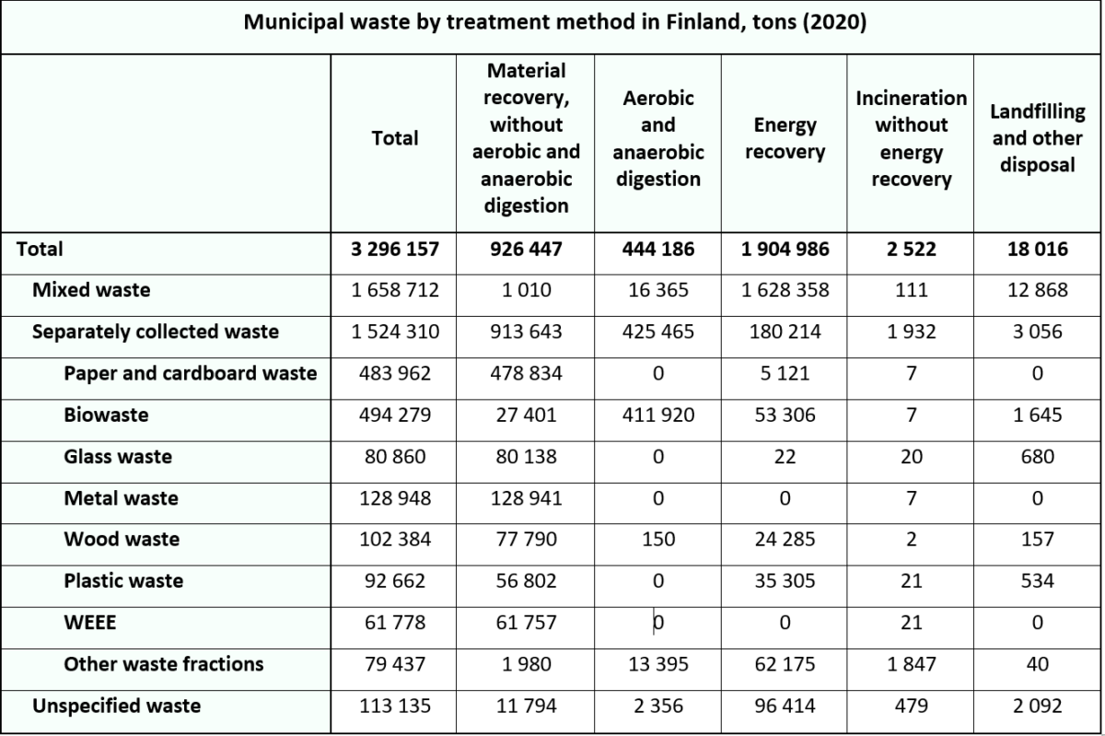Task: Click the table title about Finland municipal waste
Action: [x=555, y=23]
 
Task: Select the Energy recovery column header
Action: [x=785, y=138]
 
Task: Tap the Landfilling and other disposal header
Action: [x=1038, y=138]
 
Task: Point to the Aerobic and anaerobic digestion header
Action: [x=658, y=138]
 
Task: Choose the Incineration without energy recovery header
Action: [x=911, y=138]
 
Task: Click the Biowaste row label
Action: [x=106, y=415]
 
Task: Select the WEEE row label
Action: [x=90, y=623]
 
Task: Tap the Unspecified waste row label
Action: [x=116, y=706]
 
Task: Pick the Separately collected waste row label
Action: [x=156, y=332]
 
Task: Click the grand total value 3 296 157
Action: [x=395, y=250]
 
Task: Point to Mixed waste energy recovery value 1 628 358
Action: [x=785, y=290]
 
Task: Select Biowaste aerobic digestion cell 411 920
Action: [x=658, y=415]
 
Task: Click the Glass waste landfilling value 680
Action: [x=1038, y=457]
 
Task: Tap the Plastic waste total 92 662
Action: [x=395, y=581]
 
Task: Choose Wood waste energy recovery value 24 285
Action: [x=785, y=539]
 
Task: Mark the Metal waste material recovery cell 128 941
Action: [x=526, y=498]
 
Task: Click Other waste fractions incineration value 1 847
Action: [x=911, y=664]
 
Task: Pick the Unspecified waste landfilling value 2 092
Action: [x=1038, y=706]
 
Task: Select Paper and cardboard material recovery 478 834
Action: [x=526, y=374]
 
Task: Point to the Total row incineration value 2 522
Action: [x=911, y=250]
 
